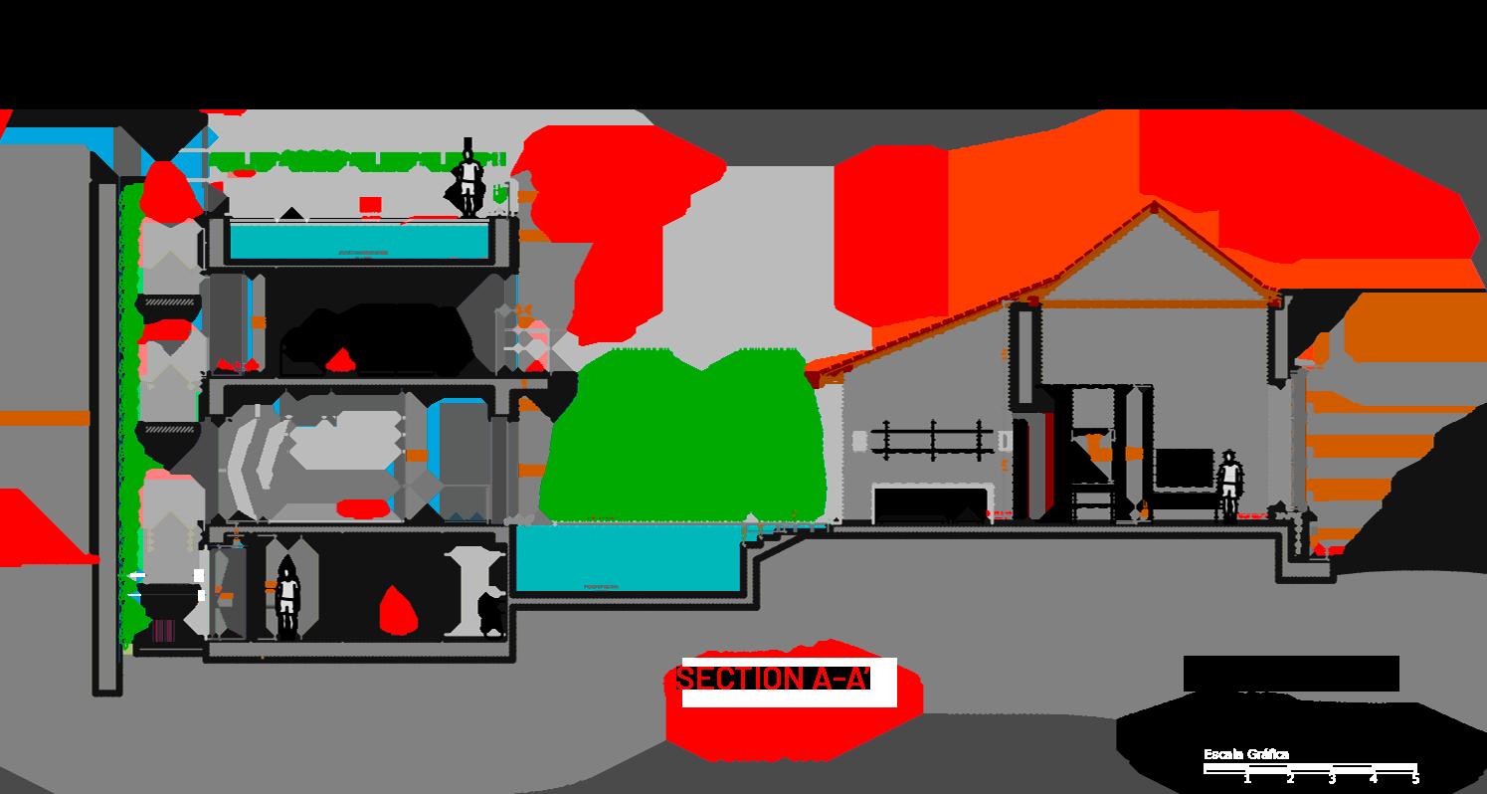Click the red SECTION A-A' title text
tap(774, 680)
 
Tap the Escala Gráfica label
tap(1245, 754)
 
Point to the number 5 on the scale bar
tap(1414, 779)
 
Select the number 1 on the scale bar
tap(1247, 779)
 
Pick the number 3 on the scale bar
tap(1332, 779)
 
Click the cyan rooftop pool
tap(359, 240)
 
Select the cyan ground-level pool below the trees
tap(629, 558)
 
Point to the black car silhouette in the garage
tap(378, 338)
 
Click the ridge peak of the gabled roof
tap(1154, 205)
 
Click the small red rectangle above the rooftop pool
tap(370, 205)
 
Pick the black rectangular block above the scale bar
tap(1290, 673)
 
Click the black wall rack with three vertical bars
tap(932, 439)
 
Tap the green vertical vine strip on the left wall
tap(128, 398)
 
